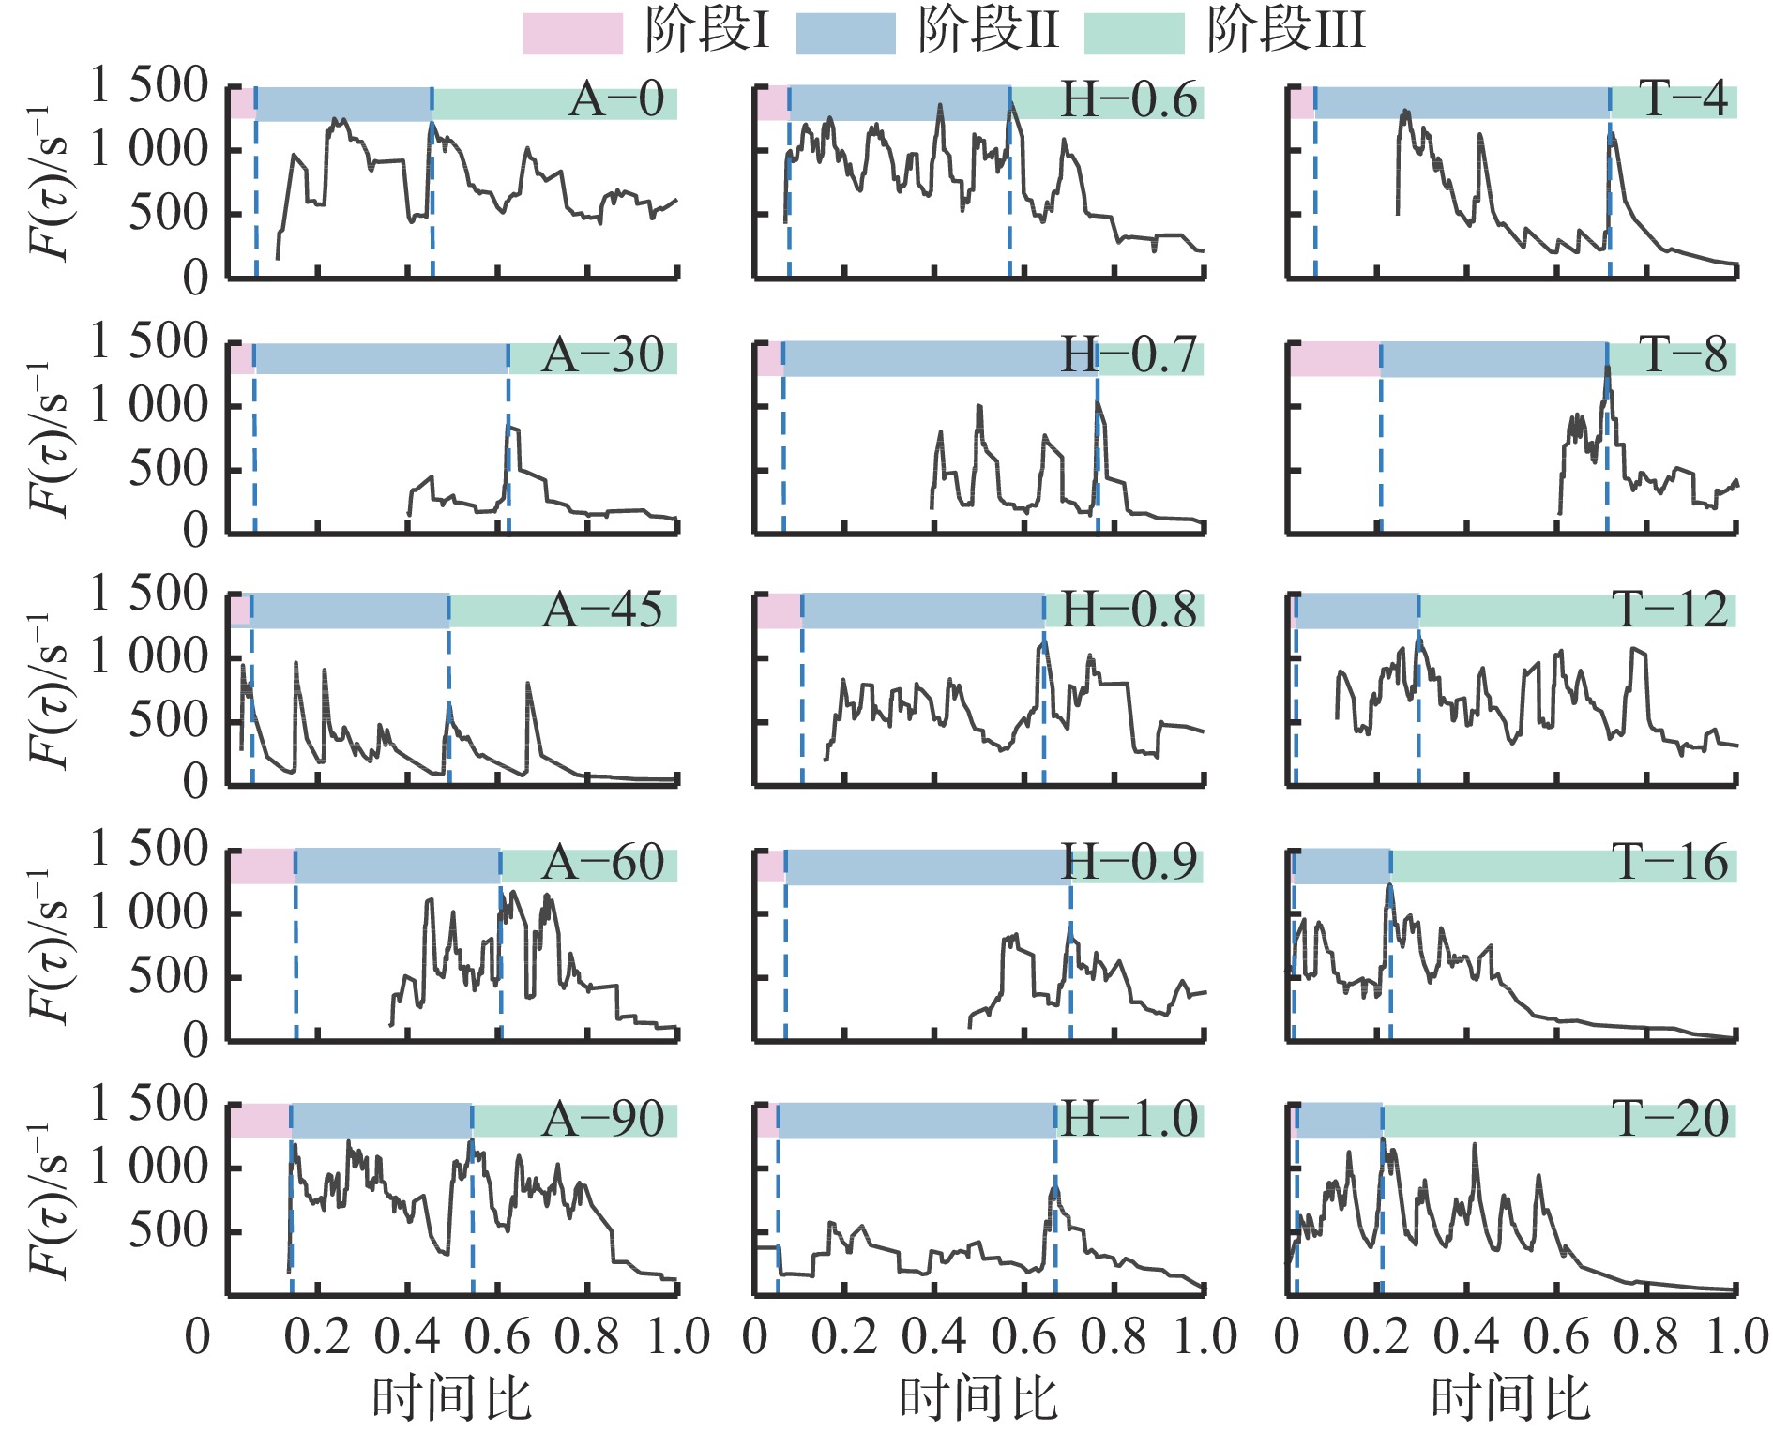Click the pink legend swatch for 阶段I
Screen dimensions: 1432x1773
[572, 34]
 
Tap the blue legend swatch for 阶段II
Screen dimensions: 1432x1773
[845, 34]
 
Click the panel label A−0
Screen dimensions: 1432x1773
[616, 100]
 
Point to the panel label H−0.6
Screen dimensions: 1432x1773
[1129, 100]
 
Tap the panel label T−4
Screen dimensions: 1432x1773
[1683, 98]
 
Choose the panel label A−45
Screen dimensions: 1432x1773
[602, 610]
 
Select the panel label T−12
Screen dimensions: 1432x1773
[1670, 610]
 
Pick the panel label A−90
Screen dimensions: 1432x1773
[602, 1120]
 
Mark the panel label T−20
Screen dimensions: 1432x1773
[1670, 1120]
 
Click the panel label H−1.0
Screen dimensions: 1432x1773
[1129, 1120]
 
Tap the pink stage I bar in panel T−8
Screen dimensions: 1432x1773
[1334, 359]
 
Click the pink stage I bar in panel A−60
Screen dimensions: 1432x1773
[262, 866]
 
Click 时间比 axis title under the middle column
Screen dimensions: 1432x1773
[978, 1398]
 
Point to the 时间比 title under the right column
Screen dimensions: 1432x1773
[1510, 1398]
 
